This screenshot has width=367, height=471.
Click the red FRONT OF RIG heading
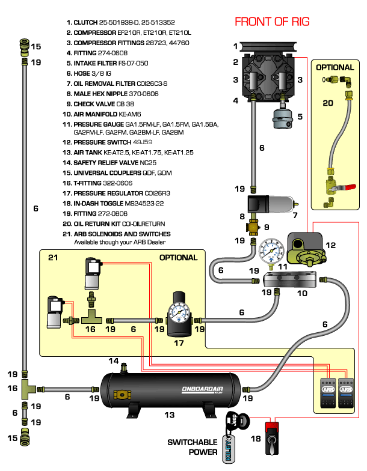(272, 22)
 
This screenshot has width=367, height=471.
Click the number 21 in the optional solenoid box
(53, 257)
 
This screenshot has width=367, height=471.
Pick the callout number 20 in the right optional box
(327, 103)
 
